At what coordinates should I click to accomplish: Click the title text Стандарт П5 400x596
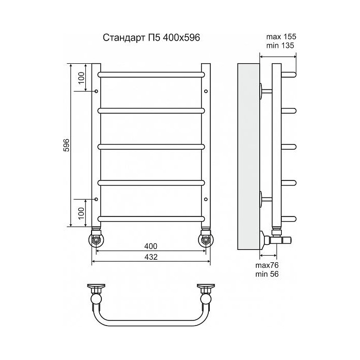151,38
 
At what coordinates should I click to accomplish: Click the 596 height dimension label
66,145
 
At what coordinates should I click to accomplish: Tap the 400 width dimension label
151,246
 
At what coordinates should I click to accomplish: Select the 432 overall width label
151,257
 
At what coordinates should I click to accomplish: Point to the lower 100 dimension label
81,213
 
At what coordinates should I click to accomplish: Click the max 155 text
281,37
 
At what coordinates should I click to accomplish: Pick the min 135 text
280,45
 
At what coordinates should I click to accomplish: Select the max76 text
267,265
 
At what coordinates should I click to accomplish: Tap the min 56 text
267,274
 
